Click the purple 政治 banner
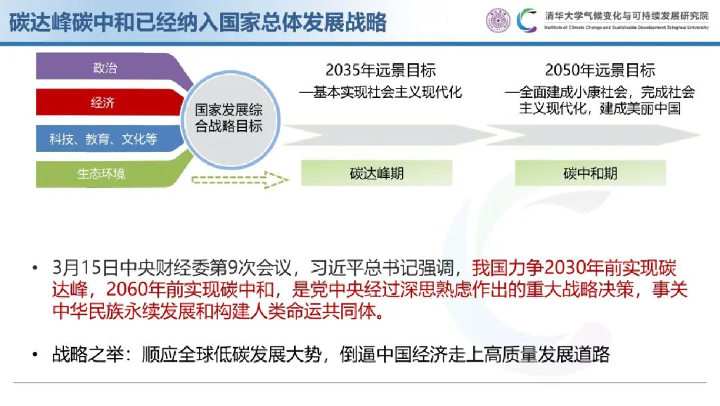click(x=105, y=68)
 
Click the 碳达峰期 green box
click(x=376, y=173)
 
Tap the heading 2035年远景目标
click(x=380, y=70)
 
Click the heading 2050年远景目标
click(x=600, y=70)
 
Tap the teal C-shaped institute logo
click(x=527, y=20)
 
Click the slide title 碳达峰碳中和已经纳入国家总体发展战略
click(x=198, y=21)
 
